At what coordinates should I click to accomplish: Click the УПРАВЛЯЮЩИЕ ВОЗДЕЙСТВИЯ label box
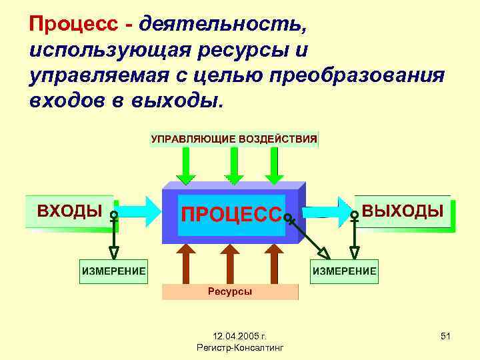pos(234,139)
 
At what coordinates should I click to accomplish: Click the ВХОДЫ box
pos(69,211)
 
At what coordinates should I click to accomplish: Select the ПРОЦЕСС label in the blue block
pos(231,215)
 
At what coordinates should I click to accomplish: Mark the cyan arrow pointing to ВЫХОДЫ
pos(333,211)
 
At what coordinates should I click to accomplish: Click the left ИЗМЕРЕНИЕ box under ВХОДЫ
pos(113,271)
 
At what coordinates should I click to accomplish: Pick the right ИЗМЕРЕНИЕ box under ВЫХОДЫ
pos(345,271)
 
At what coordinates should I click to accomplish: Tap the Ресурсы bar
pos(230,292)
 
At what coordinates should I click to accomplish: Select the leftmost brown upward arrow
pos(187,263)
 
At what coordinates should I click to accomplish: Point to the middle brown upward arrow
pos(230,263)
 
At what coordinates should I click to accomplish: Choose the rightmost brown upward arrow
pos(273,263)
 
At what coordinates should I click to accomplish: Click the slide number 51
pos(445,337)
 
